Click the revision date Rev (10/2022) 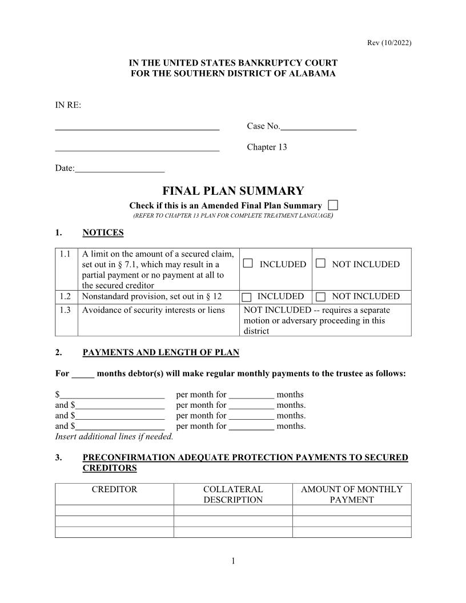click(x=388, y=43)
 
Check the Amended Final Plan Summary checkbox click(x=334, y=205)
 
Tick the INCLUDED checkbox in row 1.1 click(x=247, y=264)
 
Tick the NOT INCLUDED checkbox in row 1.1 click(x=320, y=264)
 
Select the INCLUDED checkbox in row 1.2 click(x=247, y=297)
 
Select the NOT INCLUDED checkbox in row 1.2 click(x=320, y=297)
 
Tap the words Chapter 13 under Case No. click(x=267, y=147)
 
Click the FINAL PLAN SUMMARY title click(x=233, y=191)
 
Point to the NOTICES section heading click(x=103, y=232)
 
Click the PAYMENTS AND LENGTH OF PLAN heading click(x=160, y=353)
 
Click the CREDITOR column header click(x=114, y=489)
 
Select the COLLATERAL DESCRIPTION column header click(x=233, y=495)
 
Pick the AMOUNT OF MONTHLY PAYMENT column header click(x=352, y=495)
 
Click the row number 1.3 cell click(x=66, y=310)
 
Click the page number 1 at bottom click(x=233, y=561)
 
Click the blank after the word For click(x=83, y=374)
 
